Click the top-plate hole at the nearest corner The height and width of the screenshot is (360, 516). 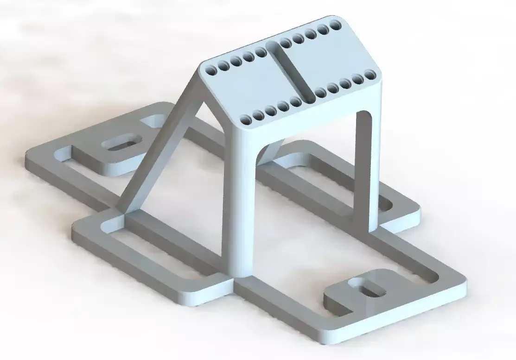247,120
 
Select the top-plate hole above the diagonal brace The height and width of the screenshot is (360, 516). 211,71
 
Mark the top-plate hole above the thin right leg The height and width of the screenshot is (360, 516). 370,74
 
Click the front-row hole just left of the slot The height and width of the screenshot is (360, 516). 295,101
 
